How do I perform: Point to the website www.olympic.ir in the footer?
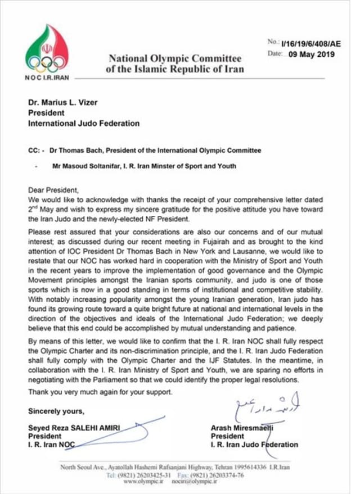141,482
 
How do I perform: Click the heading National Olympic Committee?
174,58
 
